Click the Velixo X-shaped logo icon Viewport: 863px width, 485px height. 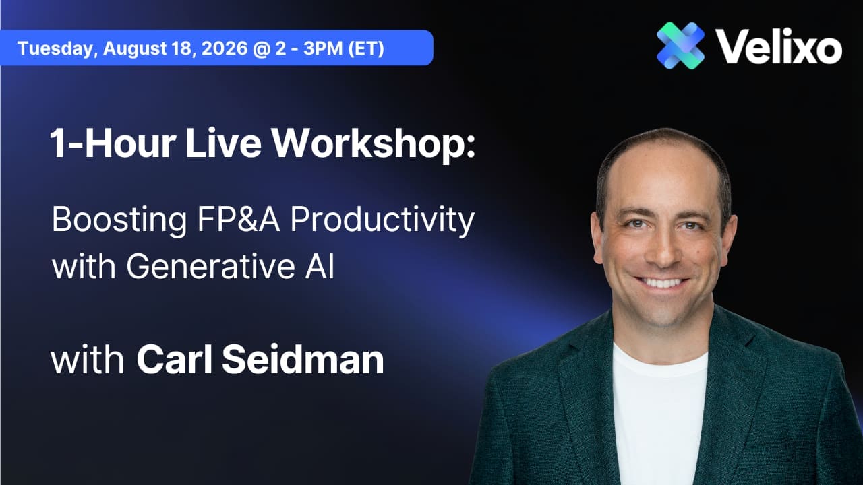tap(681, 45)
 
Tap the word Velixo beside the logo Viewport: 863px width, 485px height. tap(779, 46)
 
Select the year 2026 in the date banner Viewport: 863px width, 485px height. tap(225, 48)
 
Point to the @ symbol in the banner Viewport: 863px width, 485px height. tap(261, 48)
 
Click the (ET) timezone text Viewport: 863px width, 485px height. tap(366, 48)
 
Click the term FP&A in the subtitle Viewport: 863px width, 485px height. tap(239, 219)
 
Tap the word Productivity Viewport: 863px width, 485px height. tap(382, 220)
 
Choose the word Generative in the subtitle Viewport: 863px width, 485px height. tap(211, 266)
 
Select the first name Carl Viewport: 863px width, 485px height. tap(174, 359)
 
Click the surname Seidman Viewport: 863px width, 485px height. tap(303, 359)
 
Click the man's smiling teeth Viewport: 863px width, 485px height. tap(661, 283)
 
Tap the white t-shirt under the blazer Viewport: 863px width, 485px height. tap(659, 416)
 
